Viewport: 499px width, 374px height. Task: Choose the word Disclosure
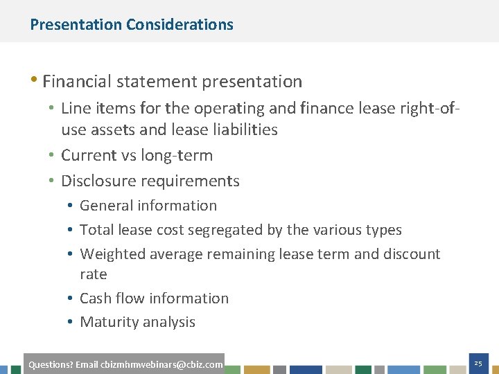96,181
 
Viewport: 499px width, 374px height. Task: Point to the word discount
410,254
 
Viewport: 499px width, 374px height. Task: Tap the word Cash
95,299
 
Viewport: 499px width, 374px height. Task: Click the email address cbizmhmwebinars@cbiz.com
161,364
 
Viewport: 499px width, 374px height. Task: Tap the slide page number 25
478,364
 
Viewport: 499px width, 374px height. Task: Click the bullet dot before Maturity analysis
71,322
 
